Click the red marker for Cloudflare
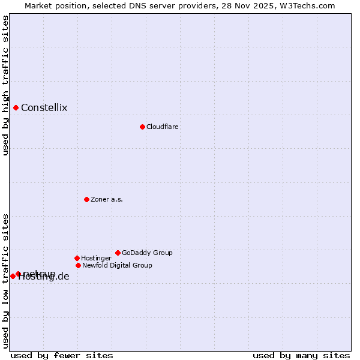(x=142, y=127)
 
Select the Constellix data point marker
(x=16, y=107)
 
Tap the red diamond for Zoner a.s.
(x=86, y=199)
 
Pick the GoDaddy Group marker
(x=118, y=253)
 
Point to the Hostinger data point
(x=77, y=258)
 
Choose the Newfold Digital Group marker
(x=78, y=265)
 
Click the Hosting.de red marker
(x=13, y=276)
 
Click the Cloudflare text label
(x=162, y=127)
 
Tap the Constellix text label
(x=44, y=108)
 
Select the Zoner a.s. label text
(x=107, y=199)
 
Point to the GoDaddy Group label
(x=147, y=253)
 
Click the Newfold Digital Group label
(x=117, y=265)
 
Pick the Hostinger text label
(x=96, y=258)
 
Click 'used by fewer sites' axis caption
(x=62, y=355)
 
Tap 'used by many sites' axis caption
(x=301, y=355)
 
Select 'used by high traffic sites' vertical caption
(x=5, y=85)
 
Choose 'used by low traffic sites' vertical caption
(x=5, y=281)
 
